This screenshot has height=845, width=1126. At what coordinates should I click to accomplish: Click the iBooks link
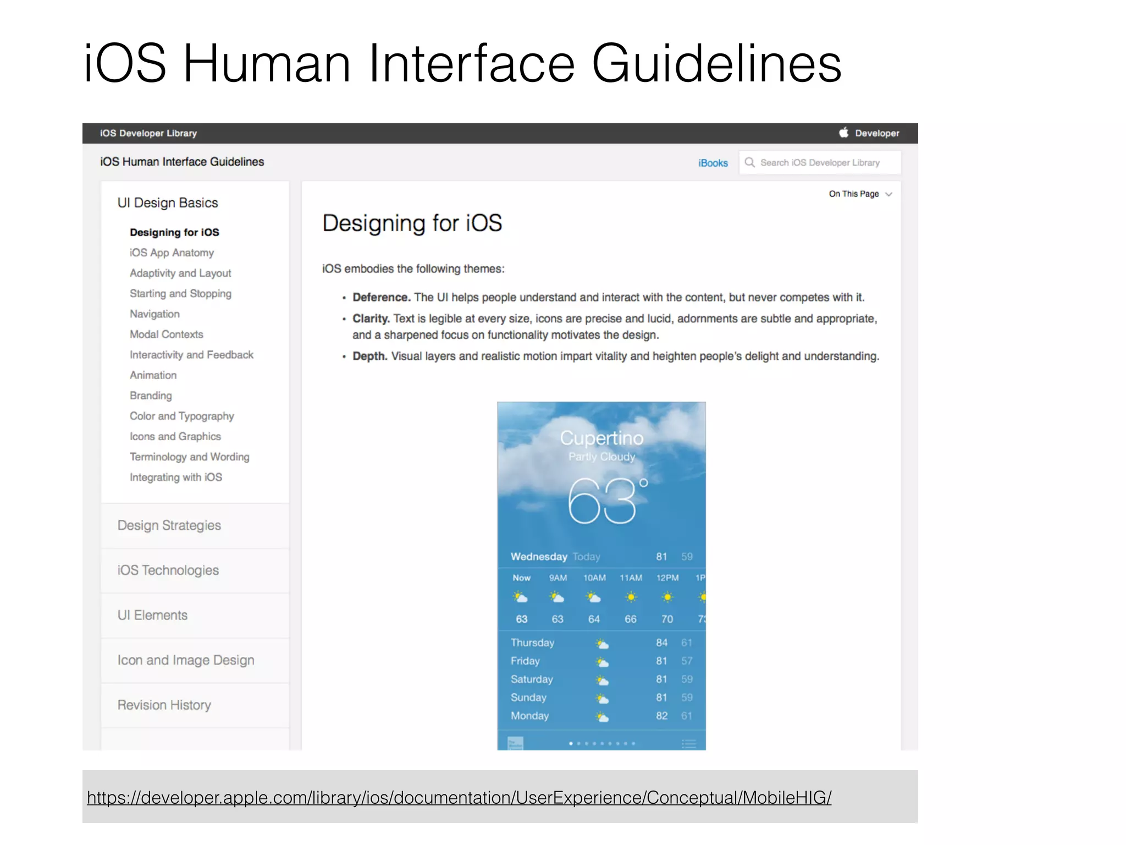713,163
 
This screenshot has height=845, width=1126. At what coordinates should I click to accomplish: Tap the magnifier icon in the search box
749,162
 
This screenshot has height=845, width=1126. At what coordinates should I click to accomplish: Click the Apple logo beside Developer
843,133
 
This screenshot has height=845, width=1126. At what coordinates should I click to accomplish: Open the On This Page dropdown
860,194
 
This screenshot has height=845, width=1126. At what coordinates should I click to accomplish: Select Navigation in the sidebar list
154,314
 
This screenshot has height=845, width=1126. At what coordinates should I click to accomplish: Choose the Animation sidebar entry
153,375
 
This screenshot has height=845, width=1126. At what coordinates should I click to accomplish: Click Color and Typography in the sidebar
181,416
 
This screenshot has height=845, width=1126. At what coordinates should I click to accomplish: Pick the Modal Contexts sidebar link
166,334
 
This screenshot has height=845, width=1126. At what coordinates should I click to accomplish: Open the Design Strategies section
169,525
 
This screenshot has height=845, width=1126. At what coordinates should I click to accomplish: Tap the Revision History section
164,705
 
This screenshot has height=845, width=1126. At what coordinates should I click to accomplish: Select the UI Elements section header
152,615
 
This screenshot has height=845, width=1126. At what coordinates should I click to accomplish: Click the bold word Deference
381,298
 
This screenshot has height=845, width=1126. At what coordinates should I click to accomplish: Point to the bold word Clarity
371,319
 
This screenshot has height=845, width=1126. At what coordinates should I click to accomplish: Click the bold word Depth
369,356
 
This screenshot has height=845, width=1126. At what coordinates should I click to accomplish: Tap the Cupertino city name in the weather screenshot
601,438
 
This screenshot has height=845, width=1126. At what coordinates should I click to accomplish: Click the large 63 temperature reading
602,501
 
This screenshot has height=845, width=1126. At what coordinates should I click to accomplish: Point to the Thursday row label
532,643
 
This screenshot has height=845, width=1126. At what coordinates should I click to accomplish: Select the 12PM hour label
667,578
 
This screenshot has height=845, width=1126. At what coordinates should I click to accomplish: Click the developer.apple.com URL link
459,797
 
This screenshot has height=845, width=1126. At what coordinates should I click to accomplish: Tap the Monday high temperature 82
661,716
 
